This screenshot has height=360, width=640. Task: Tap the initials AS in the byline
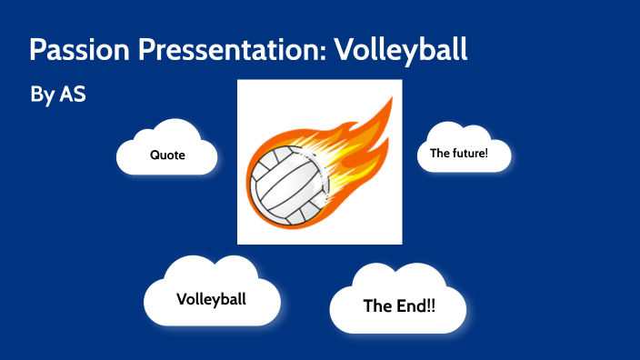point(73,94)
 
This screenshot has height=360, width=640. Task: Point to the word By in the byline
point(42,95)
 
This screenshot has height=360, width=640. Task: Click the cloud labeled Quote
point(167,150)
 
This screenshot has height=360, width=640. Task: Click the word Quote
point(167,155)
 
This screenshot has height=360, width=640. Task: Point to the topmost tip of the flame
point(391,98)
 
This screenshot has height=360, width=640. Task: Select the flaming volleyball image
point(319,162)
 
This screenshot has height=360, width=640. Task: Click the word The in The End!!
point(377,305)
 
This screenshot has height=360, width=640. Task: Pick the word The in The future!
point(440,153)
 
